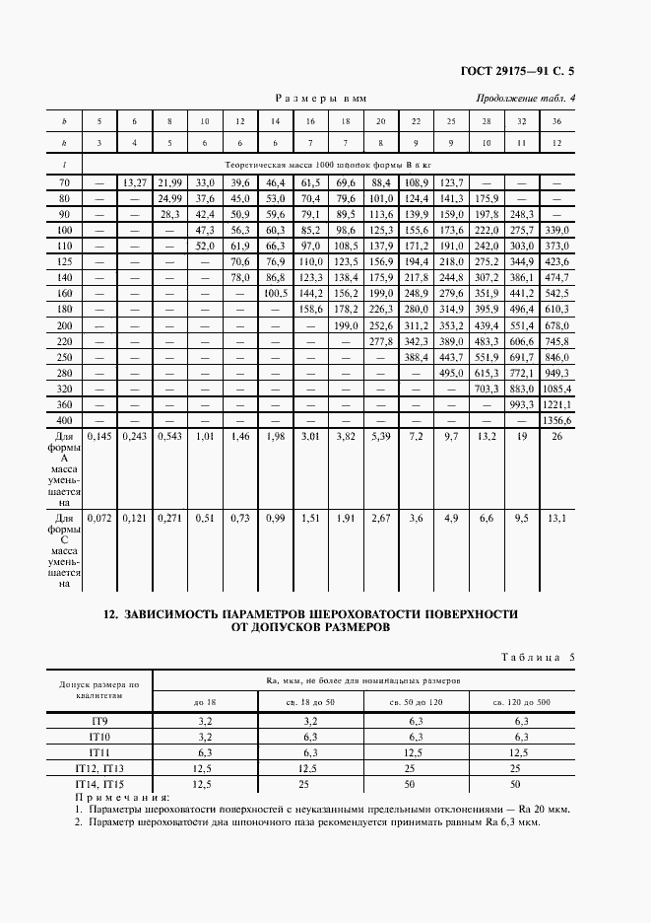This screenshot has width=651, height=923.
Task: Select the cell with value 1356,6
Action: coord(557,419)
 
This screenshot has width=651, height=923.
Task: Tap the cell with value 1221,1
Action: coord(557,404)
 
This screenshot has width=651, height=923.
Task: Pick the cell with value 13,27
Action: coord(134,182)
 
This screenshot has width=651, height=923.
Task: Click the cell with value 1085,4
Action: coord(557,389)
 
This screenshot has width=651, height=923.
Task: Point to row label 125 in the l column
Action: coord(64,262)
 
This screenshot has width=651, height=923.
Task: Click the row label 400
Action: coord(64,419)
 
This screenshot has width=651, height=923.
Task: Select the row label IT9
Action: coord(99,721)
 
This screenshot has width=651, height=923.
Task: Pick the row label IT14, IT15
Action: coord(99,783)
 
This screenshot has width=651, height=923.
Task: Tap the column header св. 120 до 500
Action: coord(521,700)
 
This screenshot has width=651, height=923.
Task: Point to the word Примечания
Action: coord(121,797)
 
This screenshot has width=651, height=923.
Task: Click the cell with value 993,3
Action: coord(521,404)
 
